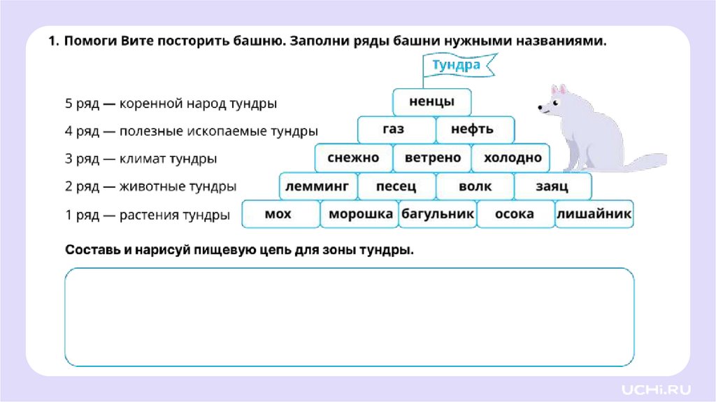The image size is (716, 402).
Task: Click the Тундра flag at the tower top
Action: coord(456,66)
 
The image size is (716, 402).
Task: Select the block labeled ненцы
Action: coord(431,102)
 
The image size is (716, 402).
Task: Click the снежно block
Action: coord(353,158)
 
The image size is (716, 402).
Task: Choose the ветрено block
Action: coord(433,158)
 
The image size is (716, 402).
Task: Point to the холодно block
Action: coord(512,158)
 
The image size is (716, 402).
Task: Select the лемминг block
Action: coord(318,186)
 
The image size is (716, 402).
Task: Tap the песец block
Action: coord(396,186)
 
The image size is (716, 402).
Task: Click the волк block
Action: coord(475,186)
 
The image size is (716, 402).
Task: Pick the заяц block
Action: coord(552,186)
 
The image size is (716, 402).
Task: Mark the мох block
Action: coord(278,214)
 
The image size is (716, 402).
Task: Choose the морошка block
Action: coord(360,214)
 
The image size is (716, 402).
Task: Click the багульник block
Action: coord(438,214)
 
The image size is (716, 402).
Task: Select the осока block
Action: coord(515,214)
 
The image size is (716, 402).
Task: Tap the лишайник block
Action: coord(594,214)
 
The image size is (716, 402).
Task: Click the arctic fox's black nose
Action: coord(540,108)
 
